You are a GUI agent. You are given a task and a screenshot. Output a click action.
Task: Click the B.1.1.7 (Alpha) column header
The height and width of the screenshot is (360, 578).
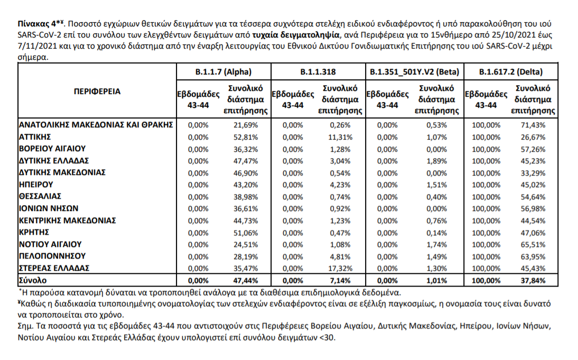click(223, 72)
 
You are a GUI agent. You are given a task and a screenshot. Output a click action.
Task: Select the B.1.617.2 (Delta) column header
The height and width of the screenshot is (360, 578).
click(510, 72)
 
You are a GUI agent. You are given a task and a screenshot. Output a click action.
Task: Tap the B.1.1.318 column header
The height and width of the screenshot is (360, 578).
click(318, 72)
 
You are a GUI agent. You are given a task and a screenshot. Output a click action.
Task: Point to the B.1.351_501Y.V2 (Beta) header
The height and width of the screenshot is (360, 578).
click(414, 72)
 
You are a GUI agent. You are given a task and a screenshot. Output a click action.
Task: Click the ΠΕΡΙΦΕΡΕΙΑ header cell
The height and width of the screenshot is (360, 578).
click(97, 91)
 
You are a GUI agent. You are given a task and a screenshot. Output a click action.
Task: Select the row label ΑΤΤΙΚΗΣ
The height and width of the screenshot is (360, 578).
click(35, 137)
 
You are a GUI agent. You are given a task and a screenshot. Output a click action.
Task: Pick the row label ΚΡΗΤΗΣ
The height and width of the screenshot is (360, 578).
click(34, 233)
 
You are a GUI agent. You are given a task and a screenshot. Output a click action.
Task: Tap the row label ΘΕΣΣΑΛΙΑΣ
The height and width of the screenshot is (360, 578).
click(40, 196)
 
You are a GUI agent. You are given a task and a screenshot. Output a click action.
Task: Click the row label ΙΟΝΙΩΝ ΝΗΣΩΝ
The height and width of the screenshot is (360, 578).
click(49, 208)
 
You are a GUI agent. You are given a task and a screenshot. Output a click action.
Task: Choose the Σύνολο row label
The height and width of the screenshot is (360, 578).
click(33, 280)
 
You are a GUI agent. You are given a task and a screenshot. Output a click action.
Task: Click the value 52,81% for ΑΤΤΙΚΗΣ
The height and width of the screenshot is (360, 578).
click(246, 137)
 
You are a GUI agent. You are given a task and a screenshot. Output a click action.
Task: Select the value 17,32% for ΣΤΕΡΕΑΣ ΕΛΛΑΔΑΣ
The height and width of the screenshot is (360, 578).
click(340, 269)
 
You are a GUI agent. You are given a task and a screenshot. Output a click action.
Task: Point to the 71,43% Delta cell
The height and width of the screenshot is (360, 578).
click(533, 125)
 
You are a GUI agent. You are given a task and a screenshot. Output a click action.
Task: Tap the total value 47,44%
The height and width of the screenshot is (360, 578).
click(246, 281)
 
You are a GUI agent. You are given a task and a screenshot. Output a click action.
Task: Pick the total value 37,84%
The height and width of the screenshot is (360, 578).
click(533, 281)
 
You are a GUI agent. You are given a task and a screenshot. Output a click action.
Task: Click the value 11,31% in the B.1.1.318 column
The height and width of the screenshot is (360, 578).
click(340, 137)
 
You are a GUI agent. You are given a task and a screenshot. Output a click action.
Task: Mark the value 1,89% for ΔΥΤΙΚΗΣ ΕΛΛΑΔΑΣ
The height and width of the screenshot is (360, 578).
click(436, 161)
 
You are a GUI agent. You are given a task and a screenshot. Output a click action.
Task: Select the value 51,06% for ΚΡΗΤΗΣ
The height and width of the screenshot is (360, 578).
click(246, 233)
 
